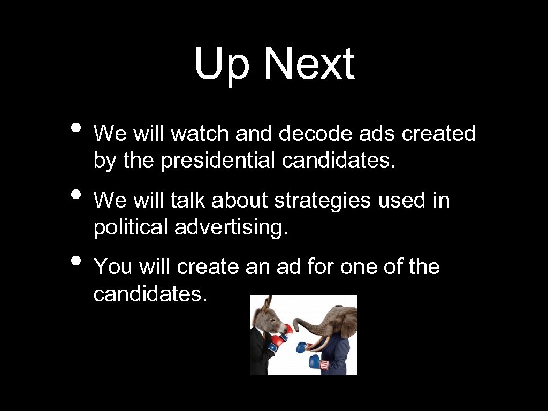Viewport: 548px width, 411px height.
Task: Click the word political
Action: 131,227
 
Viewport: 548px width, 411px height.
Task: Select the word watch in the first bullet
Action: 201,133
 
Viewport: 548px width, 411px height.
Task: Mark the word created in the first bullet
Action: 438,133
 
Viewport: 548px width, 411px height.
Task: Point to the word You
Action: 112,267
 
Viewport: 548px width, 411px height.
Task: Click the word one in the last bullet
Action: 350,267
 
